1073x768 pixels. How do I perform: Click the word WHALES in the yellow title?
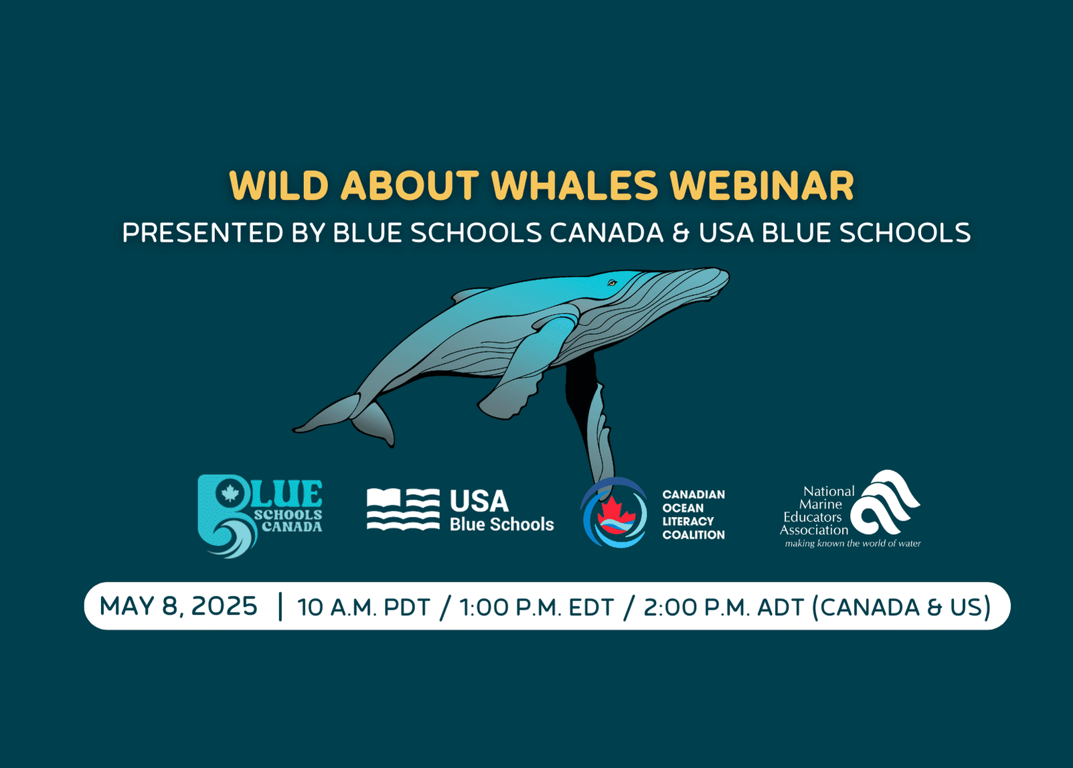[x=575, y=185]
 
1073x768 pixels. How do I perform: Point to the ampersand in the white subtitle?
[x=681, y=233]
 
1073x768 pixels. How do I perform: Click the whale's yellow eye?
[x=612, y=283]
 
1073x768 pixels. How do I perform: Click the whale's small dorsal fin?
[x=469, y=294]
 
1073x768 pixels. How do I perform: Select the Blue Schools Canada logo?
[x=260, y=516]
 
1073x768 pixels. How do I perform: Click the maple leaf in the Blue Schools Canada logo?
[x=230, y=493]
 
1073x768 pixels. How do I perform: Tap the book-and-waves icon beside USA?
[x=403, y=510]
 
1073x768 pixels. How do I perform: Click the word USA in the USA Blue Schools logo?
[x=479, y=502]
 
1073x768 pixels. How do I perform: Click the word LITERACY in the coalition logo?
[x=688, y=522]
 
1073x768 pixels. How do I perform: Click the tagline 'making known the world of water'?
[x=853, y=543]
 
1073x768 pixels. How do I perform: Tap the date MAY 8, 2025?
[x=178, y=606]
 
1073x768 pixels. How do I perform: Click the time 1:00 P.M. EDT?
[x=537, y=607]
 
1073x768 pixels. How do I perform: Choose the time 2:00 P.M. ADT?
[x=724, y=607]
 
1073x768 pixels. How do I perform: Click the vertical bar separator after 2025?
[x=280, y=607]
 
